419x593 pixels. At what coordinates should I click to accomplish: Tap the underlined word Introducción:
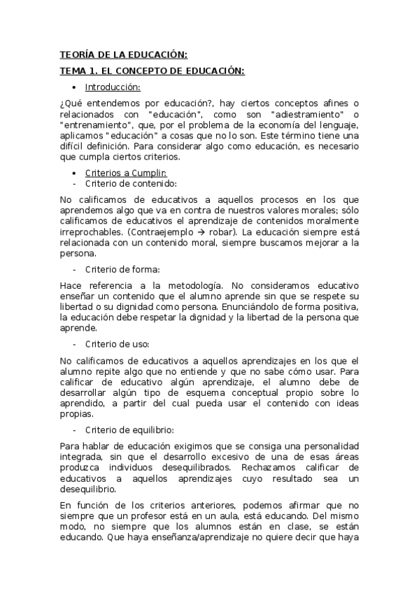[113, 87]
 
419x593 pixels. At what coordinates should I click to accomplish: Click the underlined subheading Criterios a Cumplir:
[126, 173]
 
